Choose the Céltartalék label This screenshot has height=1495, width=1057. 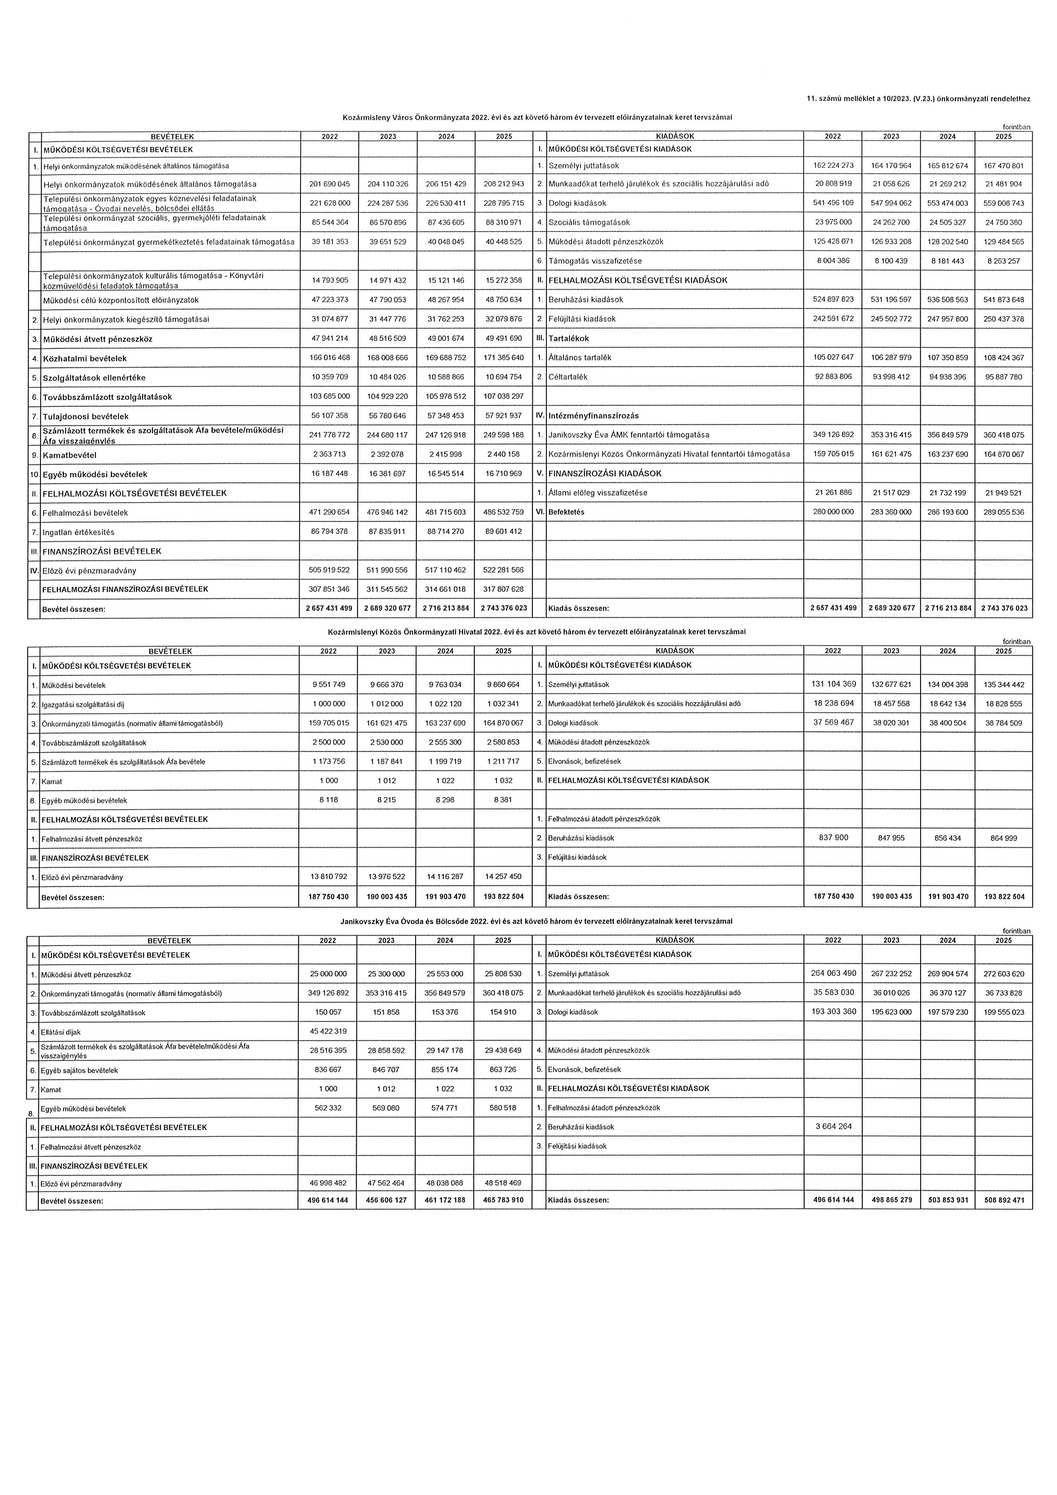568,377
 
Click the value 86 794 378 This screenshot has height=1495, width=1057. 329,531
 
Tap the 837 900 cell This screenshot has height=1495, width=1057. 833,837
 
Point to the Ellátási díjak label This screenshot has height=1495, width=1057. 61,1032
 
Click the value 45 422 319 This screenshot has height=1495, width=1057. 327,1031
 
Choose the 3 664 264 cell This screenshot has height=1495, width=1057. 833,1126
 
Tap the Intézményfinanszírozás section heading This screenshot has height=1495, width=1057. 594,416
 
